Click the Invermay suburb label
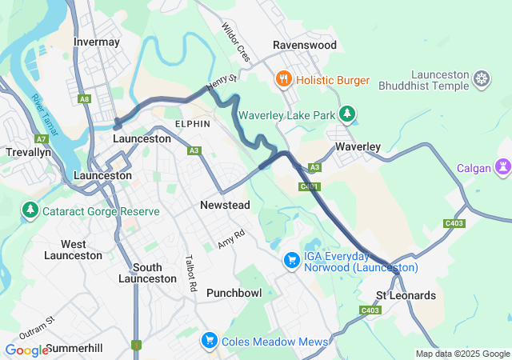tap(96, 42)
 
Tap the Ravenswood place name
tap(304, 46)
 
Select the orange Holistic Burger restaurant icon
tap(282, 80)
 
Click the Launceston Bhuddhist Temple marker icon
tap(482, 78)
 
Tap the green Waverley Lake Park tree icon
tap(346, 115)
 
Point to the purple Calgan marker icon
tap(502, 168)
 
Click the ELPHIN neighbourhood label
tap(192, 124)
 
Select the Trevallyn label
tap(28, 151)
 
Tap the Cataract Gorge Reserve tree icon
tap(30, 211)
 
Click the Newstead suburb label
tap(225, 206)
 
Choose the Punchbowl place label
tap(234, 293)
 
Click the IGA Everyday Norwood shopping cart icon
tap(292, 261)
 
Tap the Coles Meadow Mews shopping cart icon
tap(210, 342)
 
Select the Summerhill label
tap(74, 349)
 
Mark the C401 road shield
tap(310, 187)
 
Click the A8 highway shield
tap(85, 99)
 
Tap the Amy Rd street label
tap(231, 239)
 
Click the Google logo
tap(26, 350)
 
